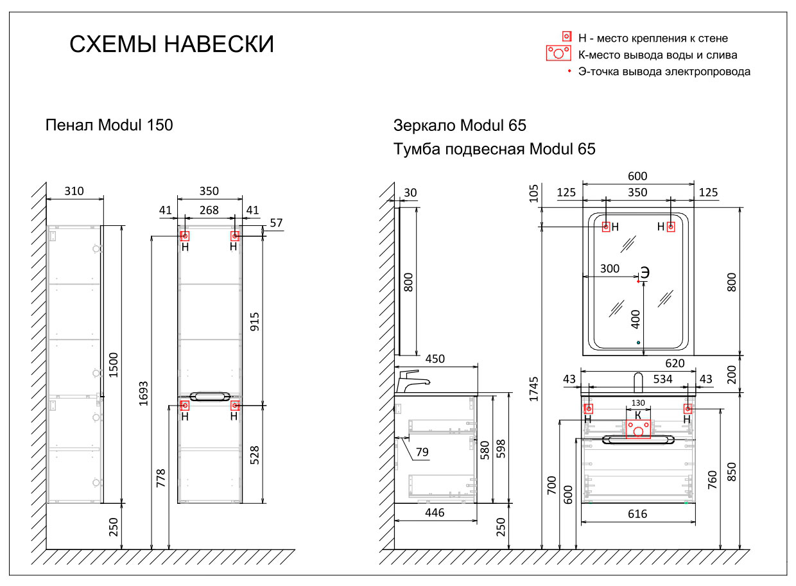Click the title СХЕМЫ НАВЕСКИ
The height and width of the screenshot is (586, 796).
tap(171, 45)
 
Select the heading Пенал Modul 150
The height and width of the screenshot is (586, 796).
tap(109, 125)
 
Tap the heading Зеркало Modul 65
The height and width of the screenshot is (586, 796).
tap(460, 125)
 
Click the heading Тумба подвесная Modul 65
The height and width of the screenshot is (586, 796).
tap(494, 149)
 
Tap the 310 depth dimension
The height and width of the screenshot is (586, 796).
tap(74, 191)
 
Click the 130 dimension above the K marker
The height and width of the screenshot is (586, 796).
tap(637, 402)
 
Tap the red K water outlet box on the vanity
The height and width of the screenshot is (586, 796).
tap(637, 429)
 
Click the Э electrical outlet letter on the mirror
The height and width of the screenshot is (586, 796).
tap(645, 272)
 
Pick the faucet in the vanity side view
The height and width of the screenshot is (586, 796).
tap(412, 381)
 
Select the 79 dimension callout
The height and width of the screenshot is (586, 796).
tap(422, 452)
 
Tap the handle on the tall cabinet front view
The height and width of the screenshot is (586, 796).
tap(209, 396)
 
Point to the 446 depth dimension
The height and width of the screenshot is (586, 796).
tap(435, 513)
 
